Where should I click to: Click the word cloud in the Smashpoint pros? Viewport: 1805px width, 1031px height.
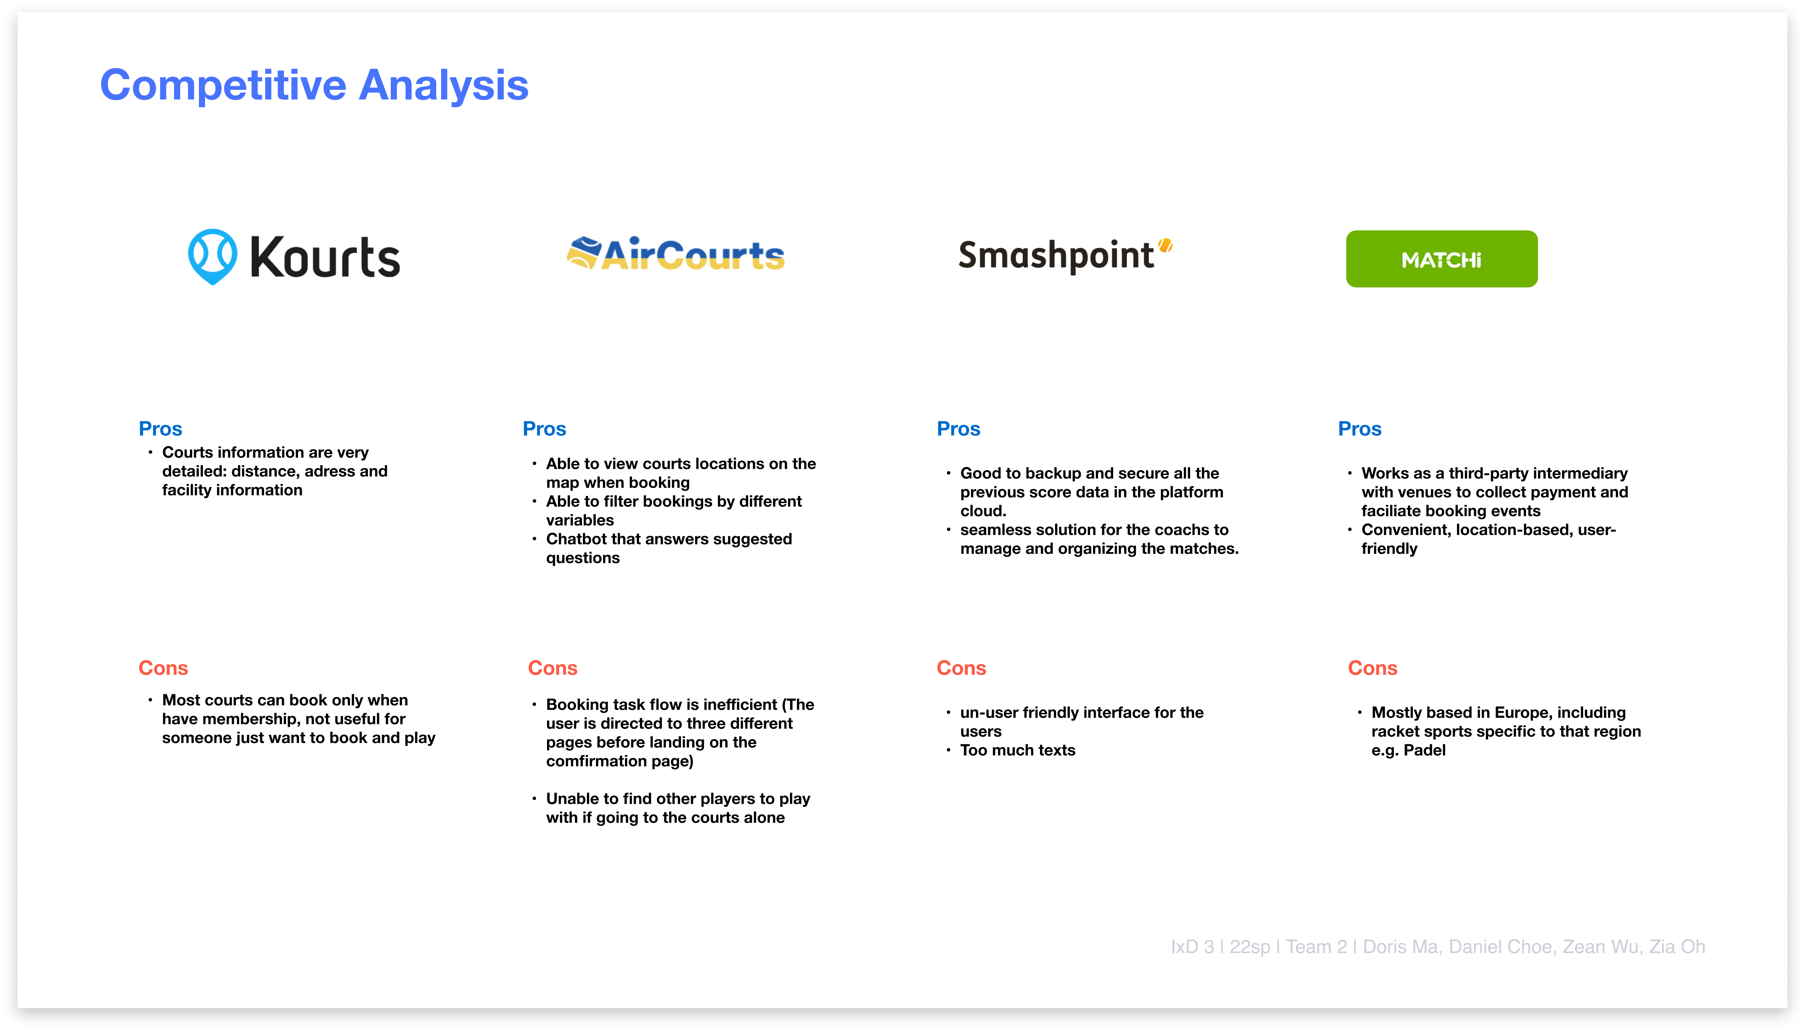click(982, 511)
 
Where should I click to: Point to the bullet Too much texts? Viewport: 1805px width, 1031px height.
click(1017, 751)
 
